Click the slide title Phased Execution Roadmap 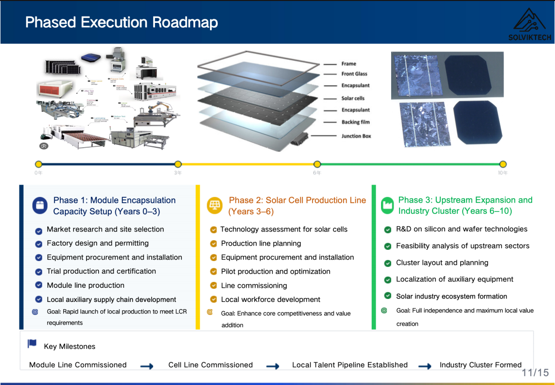tap(121, 22)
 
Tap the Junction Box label tap(356, 136)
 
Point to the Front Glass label tap(354, 74)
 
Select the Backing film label tap(355, 122)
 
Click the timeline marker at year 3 tap(178, 164)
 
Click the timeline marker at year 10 tap(503, 164)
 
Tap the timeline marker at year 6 tap(317, 164)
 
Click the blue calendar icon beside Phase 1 tap(40, 206)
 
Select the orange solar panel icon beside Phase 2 tap(214, 206)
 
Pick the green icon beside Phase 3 tap(387, 205)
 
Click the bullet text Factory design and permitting tap(98, 243)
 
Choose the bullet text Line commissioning tap(254, 286)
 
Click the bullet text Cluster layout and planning tap(442, 263)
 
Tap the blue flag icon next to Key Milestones tap(32, 344)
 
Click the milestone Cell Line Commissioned tap(210, 365)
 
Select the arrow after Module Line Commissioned tap(147, 366)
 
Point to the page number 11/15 tap(535, 373)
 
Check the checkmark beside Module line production tap(38, 285)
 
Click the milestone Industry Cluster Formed tap(480, 365)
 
